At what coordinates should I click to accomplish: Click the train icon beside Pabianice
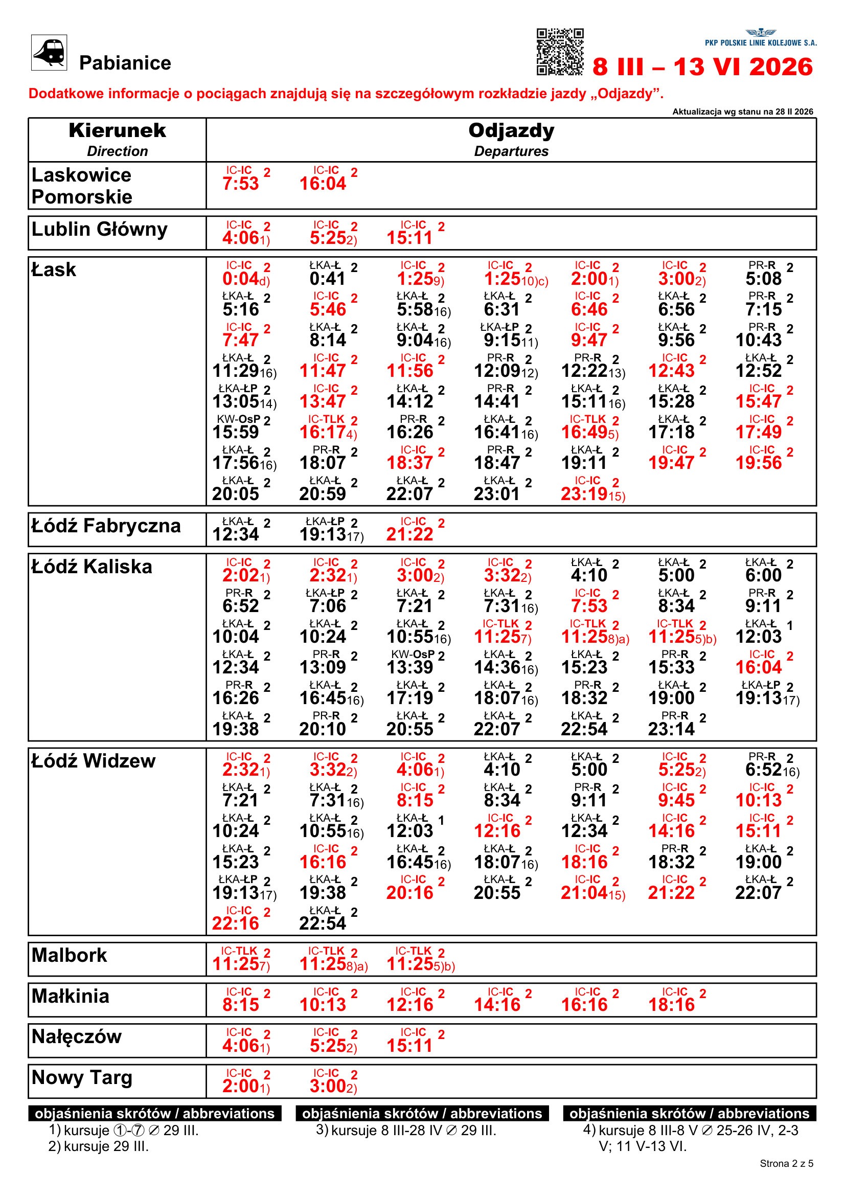tap(49, 52)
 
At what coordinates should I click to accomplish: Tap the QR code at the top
tap(560, 52)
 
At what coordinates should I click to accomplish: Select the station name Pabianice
tap(125, 63)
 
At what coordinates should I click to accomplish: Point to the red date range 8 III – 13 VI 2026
tap(702, 66)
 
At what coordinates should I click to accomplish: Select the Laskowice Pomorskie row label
tap(82, 186)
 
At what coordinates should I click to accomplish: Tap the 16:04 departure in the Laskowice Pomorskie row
tap(323, 184)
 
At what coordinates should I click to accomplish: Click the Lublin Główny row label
tap(100, 229)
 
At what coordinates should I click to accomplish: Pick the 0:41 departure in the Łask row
tap(327, 279)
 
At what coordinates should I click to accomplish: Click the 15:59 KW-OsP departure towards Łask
tap(236, 432)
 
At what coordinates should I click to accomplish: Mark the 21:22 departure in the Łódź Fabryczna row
tap(410, 534)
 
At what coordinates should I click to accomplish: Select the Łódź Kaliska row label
tap(92, 566)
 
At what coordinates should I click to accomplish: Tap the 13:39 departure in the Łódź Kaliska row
tap(410, 667)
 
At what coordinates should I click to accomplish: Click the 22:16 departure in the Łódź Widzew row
tap(236, 923)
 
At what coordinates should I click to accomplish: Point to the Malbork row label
tap(69, 955)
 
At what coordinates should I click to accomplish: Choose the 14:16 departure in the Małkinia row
tap(497, 1005)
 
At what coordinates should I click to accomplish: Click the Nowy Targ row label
tap(82, 1077)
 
